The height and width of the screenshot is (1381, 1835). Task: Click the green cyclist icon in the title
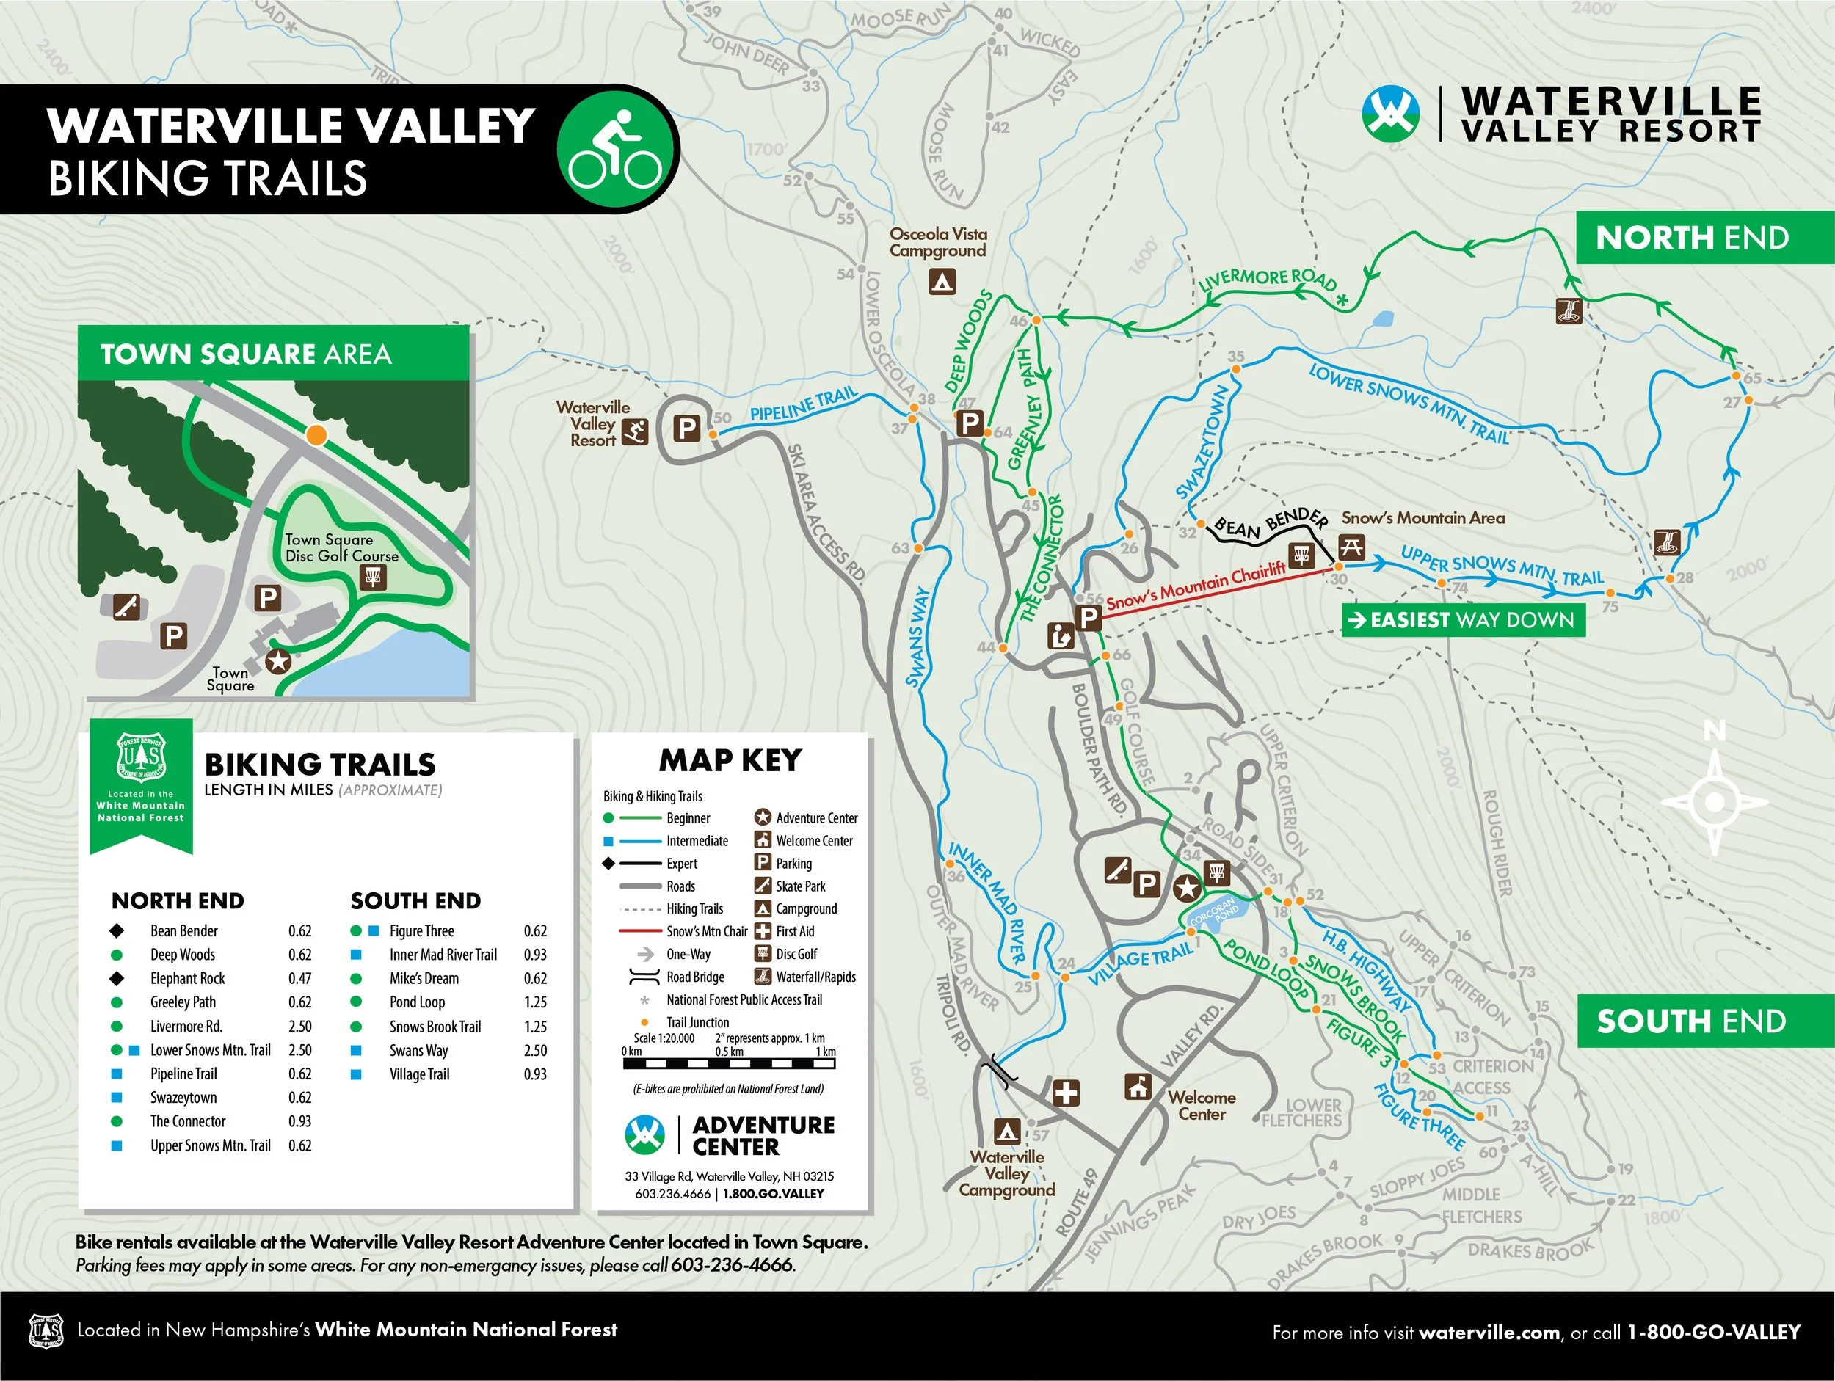point(616,149)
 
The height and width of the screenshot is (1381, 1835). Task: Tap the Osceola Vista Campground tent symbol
point(941,282)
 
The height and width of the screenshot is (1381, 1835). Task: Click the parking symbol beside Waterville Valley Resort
point(687,429)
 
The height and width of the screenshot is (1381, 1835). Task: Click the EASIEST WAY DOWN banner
point(1464,619)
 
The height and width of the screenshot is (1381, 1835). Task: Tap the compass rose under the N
point(1714,802)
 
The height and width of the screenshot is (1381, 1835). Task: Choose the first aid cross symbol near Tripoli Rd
point(1065,1093)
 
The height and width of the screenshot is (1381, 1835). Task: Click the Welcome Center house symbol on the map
point(1138,1086)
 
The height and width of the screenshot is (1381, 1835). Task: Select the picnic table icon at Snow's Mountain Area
point(1351,547)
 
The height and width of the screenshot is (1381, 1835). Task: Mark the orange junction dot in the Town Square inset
point(316,434)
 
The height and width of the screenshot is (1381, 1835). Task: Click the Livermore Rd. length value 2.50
point(299,1026)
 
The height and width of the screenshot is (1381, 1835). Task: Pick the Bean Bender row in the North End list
point(184,930)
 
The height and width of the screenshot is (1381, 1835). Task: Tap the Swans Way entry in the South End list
point(419,1050)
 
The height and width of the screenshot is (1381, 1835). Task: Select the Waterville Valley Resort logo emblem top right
point(1390,114)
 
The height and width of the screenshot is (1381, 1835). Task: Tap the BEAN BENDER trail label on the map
point(1270,524)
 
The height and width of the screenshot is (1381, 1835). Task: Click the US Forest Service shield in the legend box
point(141,758)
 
